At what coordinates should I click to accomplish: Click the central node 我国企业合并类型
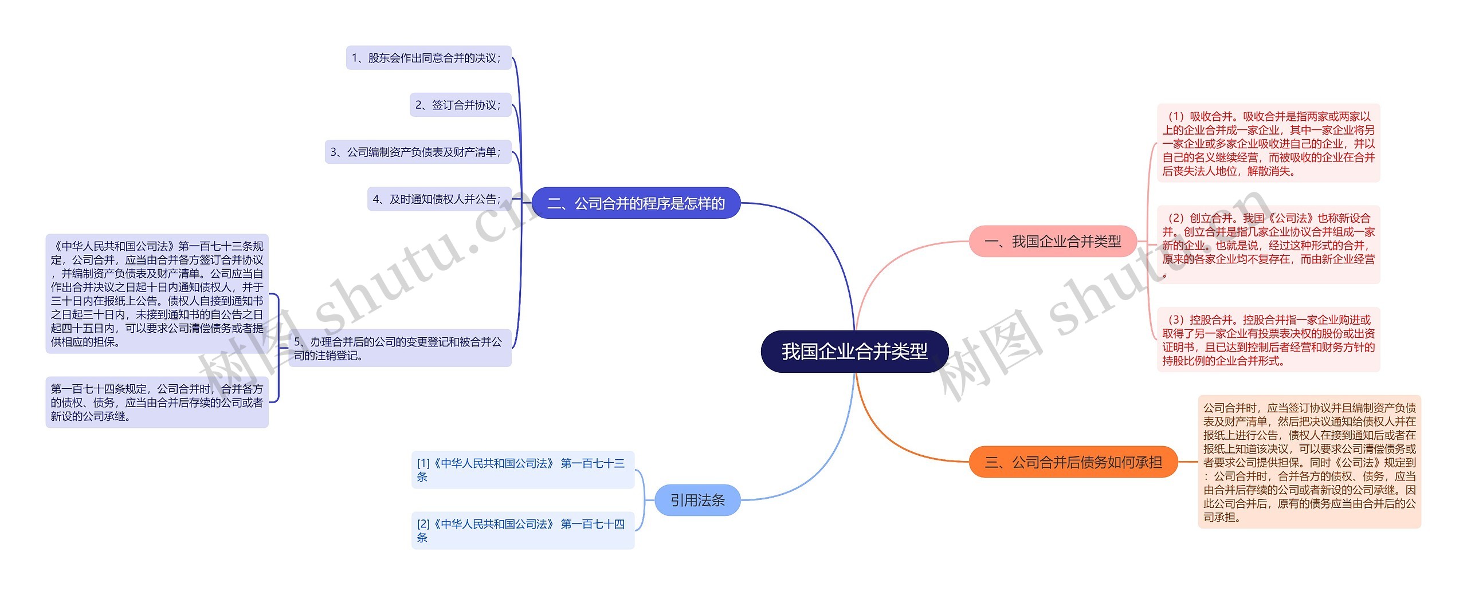(x=854, y=351)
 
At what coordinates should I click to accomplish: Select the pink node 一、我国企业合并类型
(x=1052, y=241)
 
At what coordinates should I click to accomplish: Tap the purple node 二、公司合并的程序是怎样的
(x=636, y=203)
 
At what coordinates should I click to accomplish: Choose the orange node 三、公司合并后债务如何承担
(x=1073, y=462)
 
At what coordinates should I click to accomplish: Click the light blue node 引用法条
(x=697, y=500)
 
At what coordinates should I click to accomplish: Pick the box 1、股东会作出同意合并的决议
(x=428, y=58)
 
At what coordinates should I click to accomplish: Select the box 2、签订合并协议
(x=460, y=105)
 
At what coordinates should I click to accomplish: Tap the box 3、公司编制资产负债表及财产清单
(x=418, y=152)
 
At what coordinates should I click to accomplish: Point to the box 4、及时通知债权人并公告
(x=439, y=199)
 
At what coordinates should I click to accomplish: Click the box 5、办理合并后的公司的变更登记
(x=399, y=348)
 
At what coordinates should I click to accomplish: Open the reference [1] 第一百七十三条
(x=522, y=470)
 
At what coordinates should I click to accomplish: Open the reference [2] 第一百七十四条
(x=522, y=530)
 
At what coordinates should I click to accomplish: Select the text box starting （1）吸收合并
(x=1268, y=143)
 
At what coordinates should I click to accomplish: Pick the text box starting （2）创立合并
(x=1268, y=245)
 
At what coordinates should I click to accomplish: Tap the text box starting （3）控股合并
(x=1268, y=340)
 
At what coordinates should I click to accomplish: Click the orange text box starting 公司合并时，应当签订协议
(x=1309, y=462)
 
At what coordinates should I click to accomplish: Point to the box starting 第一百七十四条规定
(x=156, y=402)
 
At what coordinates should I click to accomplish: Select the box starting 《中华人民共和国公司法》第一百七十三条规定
(x=156, y=294)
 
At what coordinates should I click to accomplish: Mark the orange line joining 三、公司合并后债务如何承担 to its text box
(x=1187, y=462)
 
